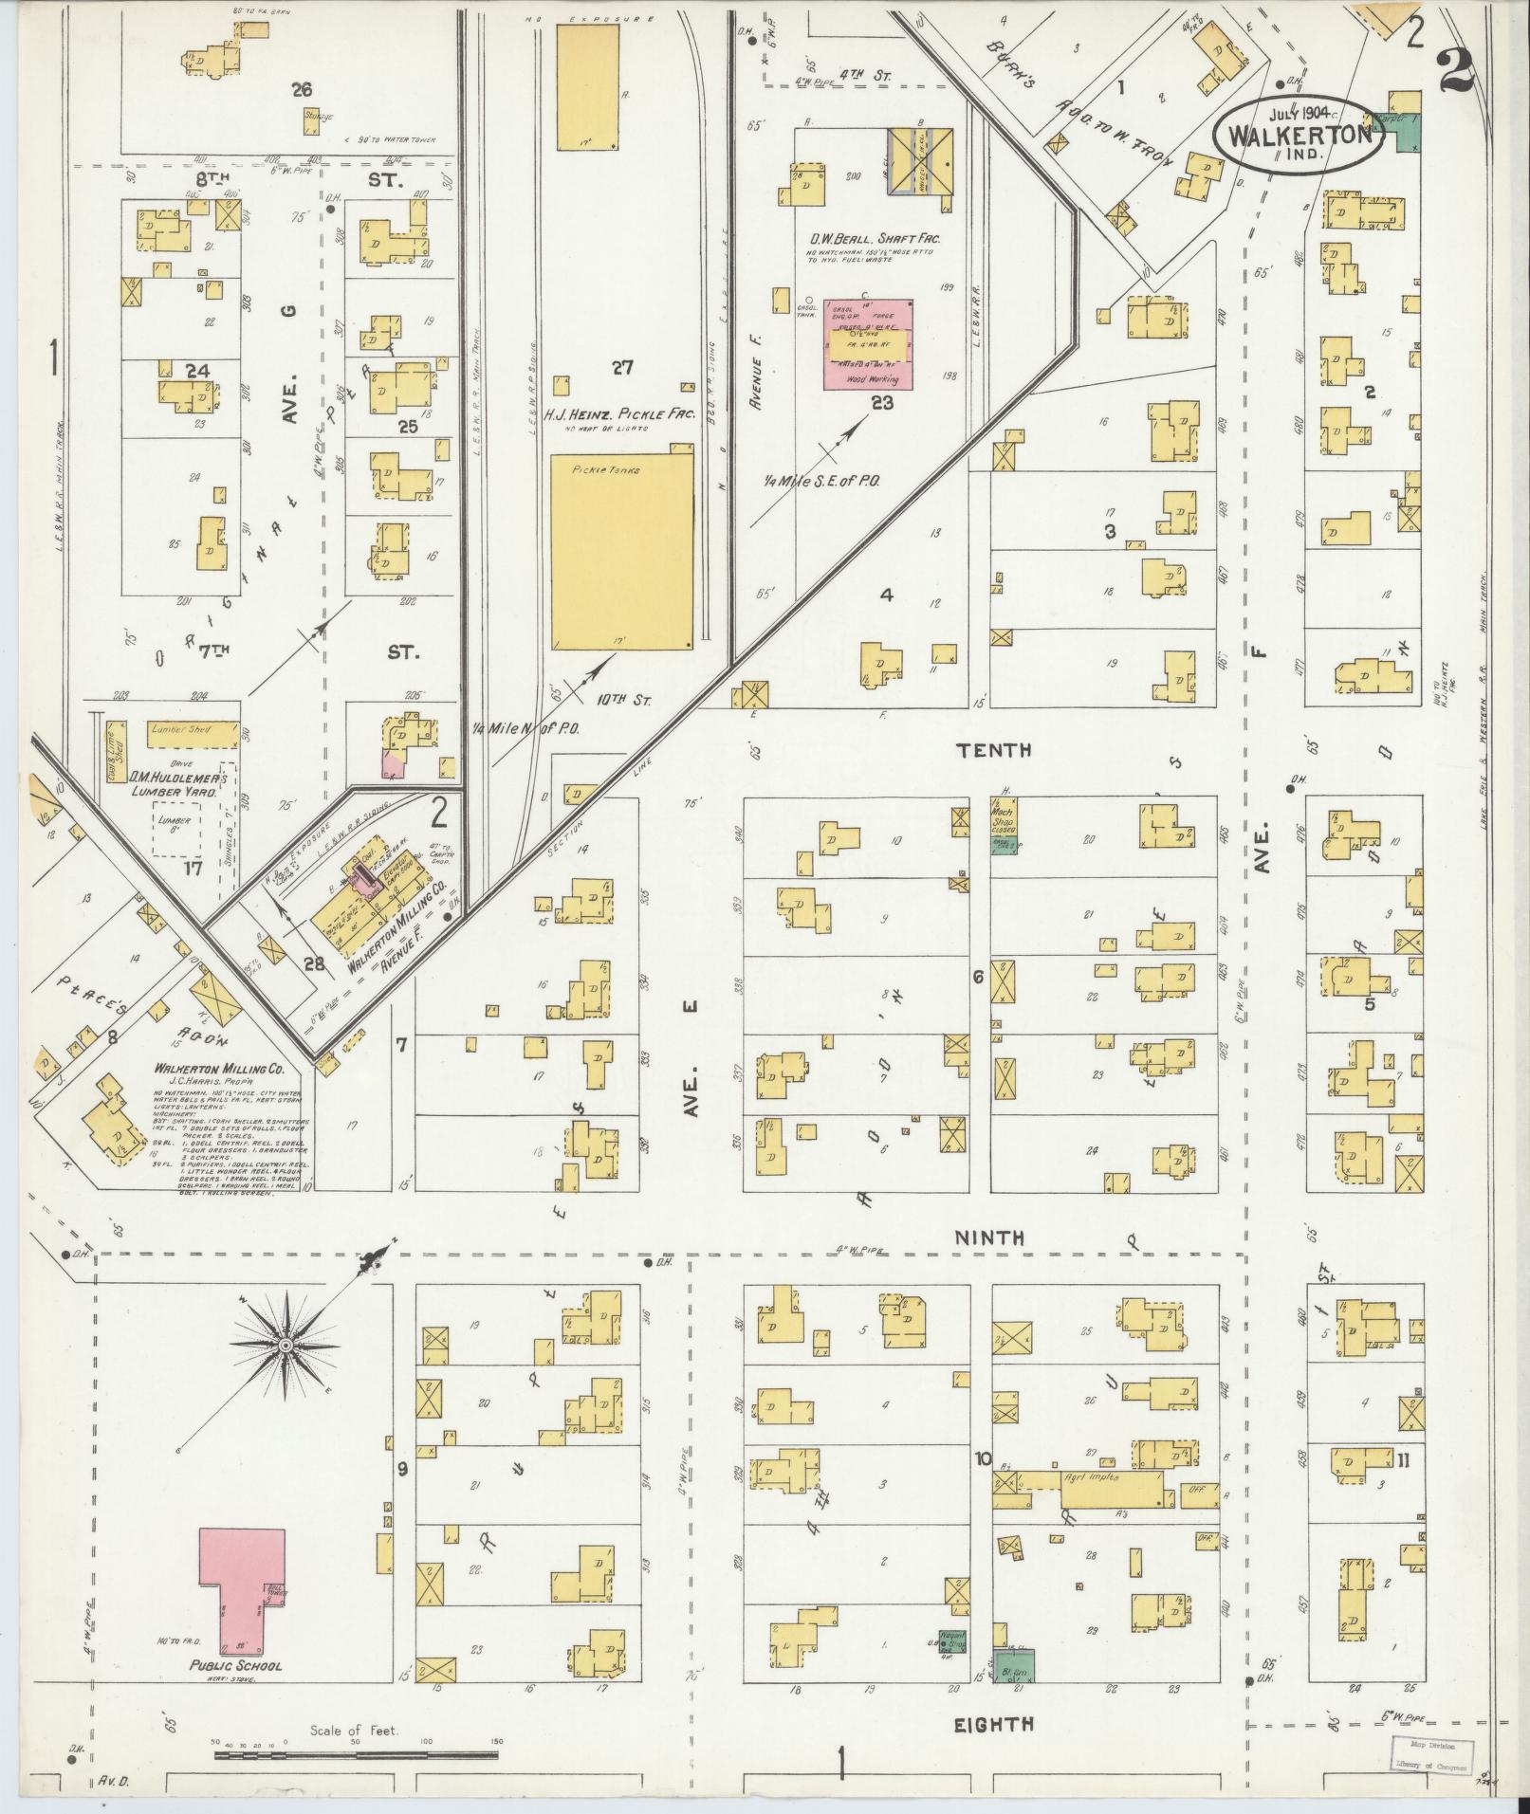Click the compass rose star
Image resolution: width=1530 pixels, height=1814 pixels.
coord(285,1347)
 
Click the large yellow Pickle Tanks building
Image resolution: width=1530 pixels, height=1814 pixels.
coord(622,550)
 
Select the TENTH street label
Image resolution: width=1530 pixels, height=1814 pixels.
coord(993,751)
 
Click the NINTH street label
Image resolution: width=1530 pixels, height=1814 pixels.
coord(989,1237)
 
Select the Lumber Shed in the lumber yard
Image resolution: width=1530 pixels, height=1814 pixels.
coord(193,732)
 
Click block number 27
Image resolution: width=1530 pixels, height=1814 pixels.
coord(621,368)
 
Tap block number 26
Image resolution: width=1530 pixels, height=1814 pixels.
coord(302,90)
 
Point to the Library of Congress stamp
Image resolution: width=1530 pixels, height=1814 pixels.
coord(1433,1752)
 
